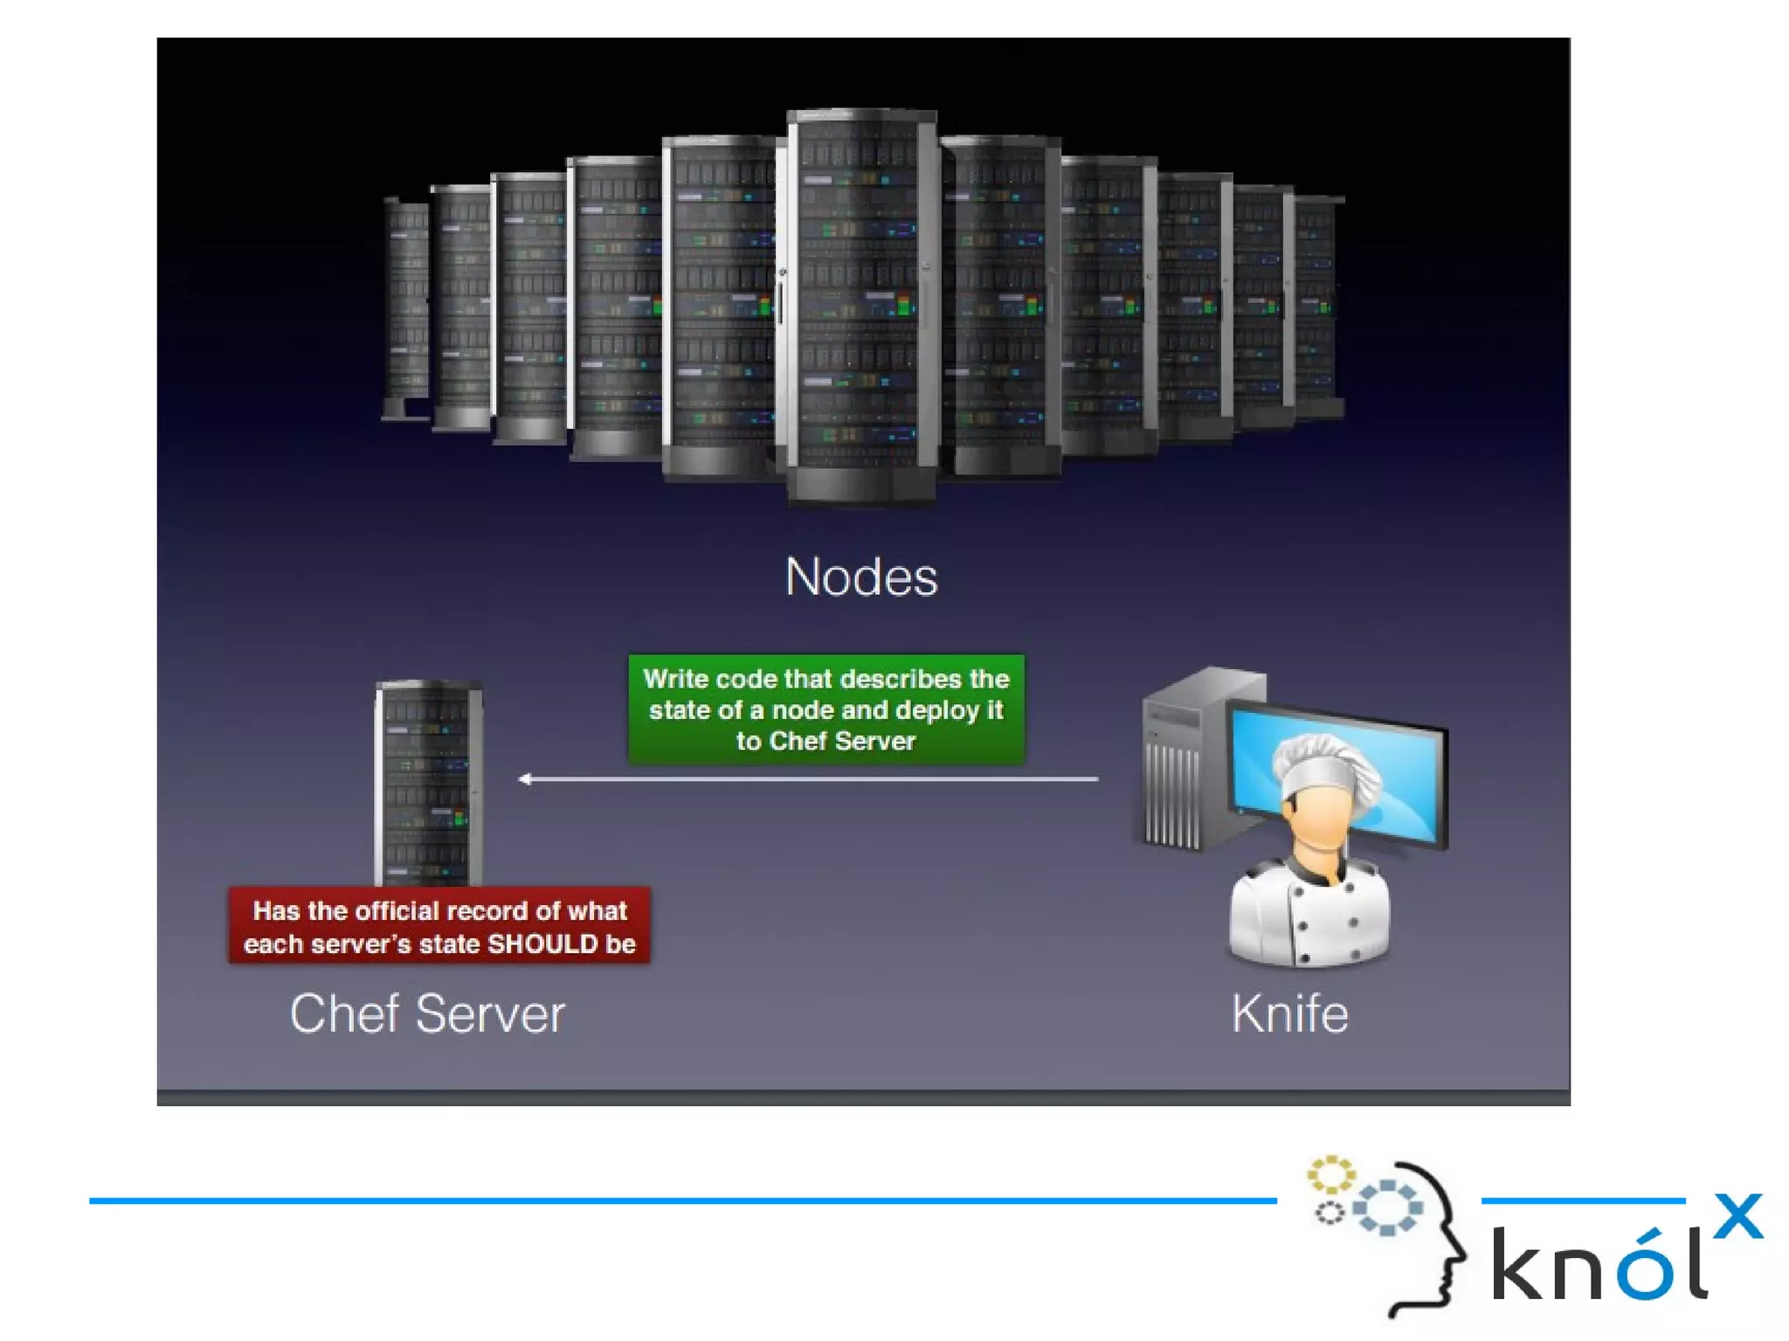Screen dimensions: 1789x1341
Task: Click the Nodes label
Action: click(x=861, y=577)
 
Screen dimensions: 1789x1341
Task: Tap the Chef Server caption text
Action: click(x=427, y=1013)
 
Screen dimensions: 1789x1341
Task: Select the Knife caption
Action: click(x=1289, y=1013)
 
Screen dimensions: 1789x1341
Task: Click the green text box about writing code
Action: click(x=825, y=709)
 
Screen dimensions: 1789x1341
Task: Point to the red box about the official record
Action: click(x=439, y=926)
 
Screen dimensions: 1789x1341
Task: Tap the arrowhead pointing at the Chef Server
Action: click(x=525, y=778)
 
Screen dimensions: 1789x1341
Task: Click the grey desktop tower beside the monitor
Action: click(x=1175, y=760)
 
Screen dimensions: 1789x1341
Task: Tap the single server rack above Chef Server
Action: click(x=428, y=782)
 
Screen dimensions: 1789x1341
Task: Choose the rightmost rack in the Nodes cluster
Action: click(x=1316, y=306)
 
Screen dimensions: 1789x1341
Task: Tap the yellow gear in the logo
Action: click(x=1330, y=1175)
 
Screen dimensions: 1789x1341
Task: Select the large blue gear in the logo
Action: click(x=1387, y=1207)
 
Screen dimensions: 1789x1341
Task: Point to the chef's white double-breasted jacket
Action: click(x=1308, y=917)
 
